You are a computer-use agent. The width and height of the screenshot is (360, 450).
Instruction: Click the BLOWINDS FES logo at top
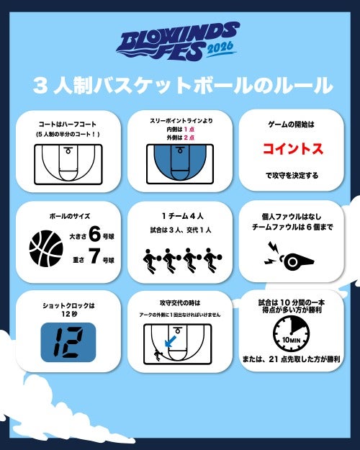click(x=178, y=41)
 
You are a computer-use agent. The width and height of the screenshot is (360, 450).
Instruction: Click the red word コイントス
click(x=292, y=148)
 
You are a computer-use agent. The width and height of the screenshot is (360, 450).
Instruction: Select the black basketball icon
click(x=46, y=248)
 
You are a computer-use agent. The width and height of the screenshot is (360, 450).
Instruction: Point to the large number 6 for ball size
click(x=95, y=234)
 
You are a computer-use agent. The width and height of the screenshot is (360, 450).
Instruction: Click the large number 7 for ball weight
click(x=94, y=256)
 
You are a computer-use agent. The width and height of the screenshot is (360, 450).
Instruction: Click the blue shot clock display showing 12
click(x=68, y=342)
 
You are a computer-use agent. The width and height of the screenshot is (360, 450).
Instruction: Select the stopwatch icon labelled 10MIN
click(x=291, y=334)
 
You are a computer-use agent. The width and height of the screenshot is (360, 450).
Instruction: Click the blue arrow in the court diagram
click(x=170, y=341)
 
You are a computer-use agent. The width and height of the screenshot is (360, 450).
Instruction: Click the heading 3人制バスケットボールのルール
click(x=183, y=86)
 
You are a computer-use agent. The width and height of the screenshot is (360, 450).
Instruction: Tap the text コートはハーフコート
click(x=68, y=125)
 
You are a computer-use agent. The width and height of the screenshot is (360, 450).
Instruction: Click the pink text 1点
click(x=189, y=129)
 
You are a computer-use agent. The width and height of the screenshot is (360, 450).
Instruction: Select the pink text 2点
click(x=189, y=138)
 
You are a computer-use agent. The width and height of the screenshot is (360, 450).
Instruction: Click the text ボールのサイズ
click(x=70, y=216)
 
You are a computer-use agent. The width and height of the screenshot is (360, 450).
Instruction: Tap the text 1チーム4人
click(x=182, y=216)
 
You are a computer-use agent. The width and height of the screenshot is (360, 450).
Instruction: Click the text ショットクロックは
click(x=68, y=306)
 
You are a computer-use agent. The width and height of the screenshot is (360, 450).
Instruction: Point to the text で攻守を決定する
click(x=292, y=176)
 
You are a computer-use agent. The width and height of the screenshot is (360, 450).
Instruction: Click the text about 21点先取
click(x=292, y=359)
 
